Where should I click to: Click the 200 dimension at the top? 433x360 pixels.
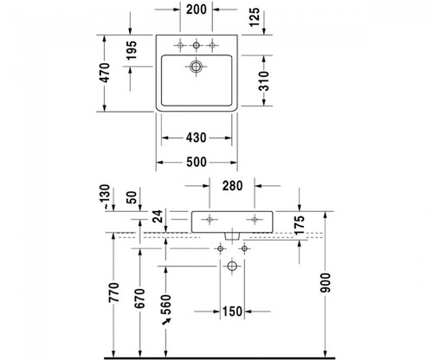click(197, 10)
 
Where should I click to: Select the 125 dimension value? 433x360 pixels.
click(255, 17)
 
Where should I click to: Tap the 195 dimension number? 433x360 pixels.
click(132, 50)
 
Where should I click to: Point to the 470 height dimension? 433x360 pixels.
click(106, 73)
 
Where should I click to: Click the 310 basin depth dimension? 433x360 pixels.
click(263, 81)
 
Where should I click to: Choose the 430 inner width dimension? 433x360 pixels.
click(197, 138)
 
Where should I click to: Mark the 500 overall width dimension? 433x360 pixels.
click(197, 162)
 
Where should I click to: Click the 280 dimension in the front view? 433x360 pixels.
click(232, 186)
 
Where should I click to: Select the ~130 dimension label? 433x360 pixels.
click(106, 197)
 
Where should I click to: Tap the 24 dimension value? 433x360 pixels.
click(158, 216)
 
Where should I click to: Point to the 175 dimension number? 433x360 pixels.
click(300, 225)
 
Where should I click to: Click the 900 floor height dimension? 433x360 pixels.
click(326, 283)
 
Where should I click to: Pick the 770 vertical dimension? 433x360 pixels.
click(113, 292)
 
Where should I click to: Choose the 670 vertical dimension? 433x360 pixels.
click(139, 299)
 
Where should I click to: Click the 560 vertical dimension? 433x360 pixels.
click(165, 305)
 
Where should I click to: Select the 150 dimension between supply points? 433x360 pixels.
click(232, 312)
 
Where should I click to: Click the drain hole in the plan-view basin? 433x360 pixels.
click(196, 67)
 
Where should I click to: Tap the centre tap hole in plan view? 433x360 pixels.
click(197, 45)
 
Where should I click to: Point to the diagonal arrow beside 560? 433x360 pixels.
click(166, 321)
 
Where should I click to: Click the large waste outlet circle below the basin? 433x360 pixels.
click(232, 266)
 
